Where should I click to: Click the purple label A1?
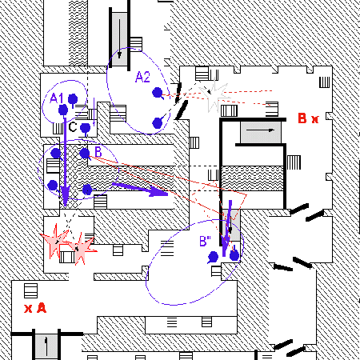click(x=57, y=98)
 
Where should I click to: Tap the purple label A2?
click(x=142, y=77)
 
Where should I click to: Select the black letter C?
click(x=73, y=127)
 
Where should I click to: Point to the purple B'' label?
click(x=205, y=241)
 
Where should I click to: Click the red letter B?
click(x=302, y=118)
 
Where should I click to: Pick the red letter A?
click(x=42, y=308)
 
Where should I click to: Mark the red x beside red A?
click(x=28, y=309)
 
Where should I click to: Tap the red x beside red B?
click(x=315, y=119)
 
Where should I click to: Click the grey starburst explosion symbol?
click(x=215, y=94)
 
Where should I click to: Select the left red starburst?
click(x=55, y=240)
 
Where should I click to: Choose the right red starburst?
click(x=80, y=249)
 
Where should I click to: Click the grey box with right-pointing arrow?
click(x=261, y=132)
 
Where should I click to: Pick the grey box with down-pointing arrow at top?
click(x=119, y=39)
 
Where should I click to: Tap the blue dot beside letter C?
click(x=86, y=128)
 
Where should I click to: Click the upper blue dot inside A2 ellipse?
click(x=158, y=93)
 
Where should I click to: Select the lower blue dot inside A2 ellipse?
click(x=158, y=123)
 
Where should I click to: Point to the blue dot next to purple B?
click(x=85, y=154)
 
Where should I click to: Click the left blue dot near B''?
click(x=214, y=257)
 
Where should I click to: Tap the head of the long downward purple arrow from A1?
click(x=65, y=196)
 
